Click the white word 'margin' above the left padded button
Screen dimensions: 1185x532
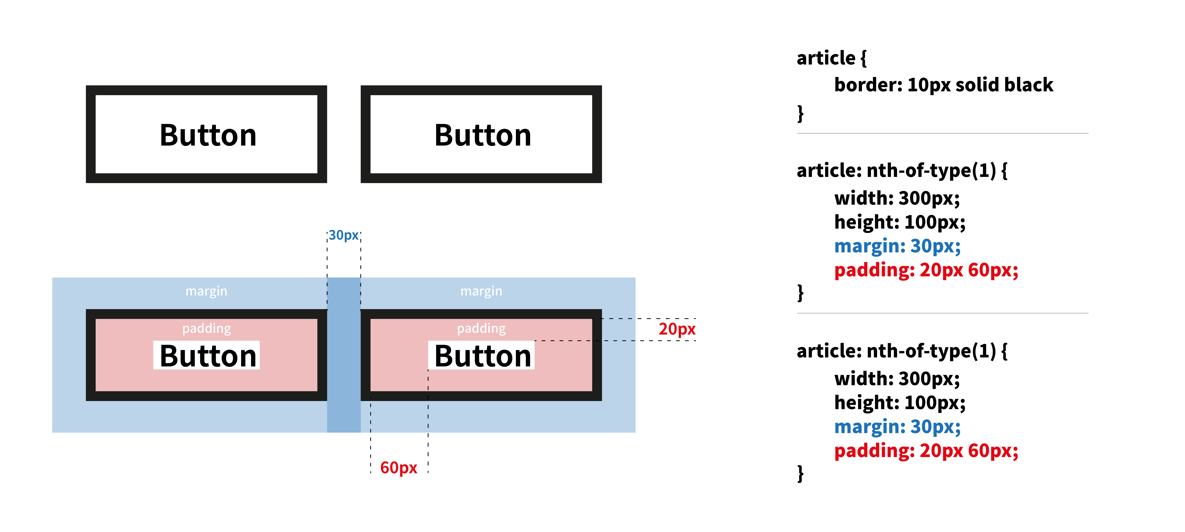click(x=206, y=291)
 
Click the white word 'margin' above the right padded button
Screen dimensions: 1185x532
click(x=481, y=291)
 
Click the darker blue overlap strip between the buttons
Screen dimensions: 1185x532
click(x=344, y=354)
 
